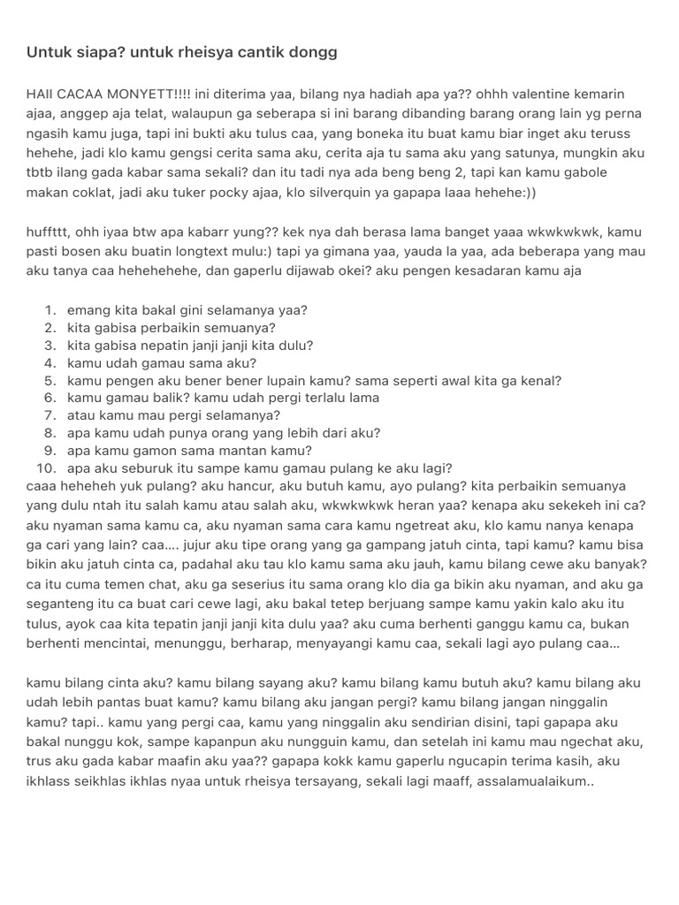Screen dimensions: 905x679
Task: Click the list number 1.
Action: tap(51, 310)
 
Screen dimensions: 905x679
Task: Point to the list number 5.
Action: tap(51, 381)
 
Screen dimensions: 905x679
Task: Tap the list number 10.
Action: tap(47, 468)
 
